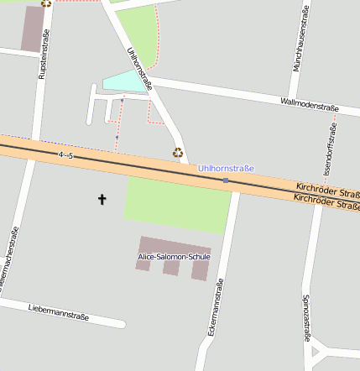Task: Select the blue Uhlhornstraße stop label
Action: click(225, 169)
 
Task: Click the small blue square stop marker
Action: click(226, 180)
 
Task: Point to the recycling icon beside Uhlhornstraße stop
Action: click(178, 152)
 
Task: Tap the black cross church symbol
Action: click(102, 199)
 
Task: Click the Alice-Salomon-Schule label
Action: click(175, 256)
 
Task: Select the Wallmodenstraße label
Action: click(309, 105)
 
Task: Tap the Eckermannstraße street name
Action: click(215, 306)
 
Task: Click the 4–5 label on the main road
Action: click(66, 155)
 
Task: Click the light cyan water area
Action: click(124, 81)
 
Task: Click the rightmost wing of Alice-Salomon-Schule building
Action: click(200, 269)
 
